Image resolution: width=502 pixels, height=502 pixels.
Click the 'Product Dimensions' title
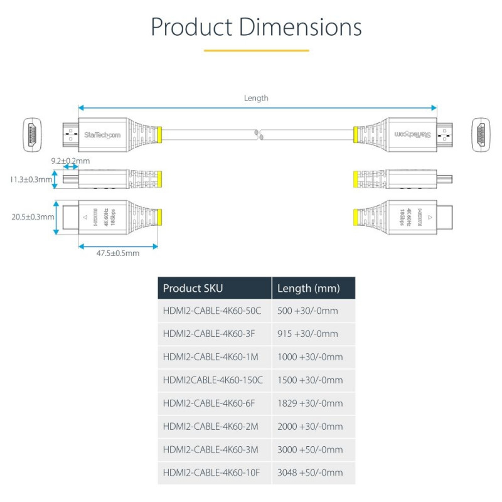(256, 28)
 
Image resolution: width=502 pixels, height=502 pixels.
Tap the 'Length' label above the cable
(256, 98)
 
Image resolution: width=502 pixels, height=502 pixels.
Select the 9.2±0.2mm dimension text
(71, 161)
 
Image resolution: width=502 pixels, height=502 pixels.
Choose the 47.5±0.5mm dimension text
(118, 254)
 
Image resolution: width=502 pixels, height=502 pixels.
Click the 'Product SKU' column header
(193, 289)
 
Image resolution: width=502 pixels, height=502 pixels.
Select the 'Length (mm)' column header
(308, 289)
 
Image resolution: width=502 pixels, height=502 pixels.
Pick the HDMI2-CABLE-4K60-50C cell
(212, 311)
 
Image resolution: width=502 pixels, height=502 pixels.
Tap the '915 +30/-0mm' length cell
(307, 334)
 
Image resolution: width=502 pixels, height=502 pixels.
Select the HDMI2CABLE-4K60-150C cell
(213, 380)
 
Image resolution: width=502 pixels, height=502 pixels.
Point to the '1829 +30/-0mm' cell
(310, 403)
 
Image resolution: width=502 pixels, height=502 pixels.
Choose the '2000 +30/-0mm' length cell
(310, 427)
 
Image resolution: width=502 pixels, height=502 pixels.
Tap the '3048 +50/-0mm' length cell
(310, 473)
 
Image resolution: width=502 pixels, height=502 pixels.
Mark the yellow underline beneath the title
(256, 50)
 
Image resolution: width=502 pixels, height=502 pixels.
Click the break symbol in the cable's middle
(257, 134)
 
